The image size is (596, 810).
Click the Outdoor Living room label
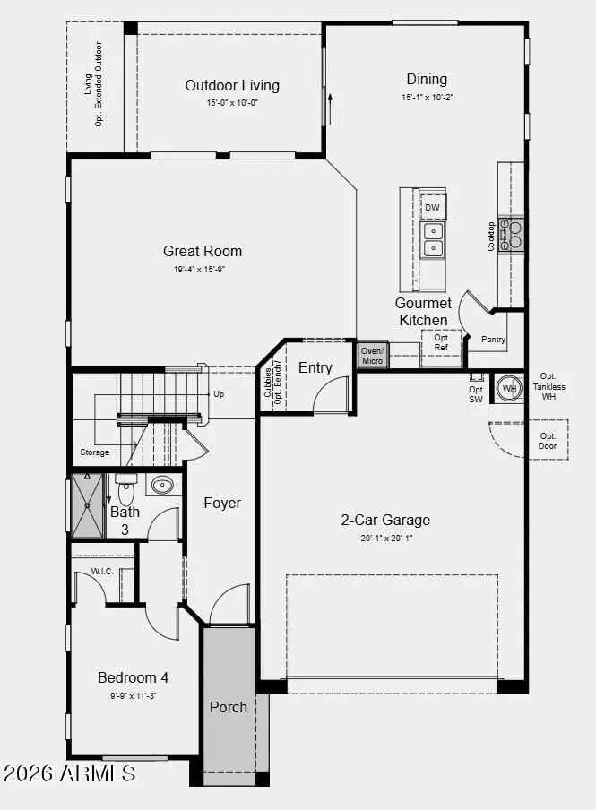(x=232, y=86)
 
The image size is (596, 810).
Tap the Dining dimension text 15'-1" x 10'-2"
(x=427, y=97)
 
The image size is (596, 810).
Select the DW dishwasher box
(x=433, y=208)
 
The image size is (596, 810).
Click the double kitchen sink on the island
(x=432, y=238)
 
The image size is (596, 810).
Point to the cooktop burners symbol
(x=511, y=235)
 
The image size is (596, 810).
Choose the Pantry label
(x=494, y=340)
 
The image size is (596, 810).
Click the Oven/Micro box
(x=372, y=355)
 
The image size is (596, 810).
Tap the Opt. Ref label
(x=442, y=342)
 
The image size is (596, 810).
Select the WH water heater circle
(x=509, y=388)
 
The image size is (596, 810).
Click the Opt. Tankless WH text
(x=548, y=386)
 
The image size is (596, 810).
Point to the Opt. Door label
(x=548, y=441)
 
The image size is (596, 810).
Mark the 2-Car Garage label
(x=385, y=520)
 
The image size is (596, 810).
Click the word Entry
(x=315, y=367)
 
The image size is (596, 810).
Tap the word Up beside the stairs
(x=218, y=394)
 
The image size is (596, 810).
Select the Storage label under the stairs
(x=94, y=452)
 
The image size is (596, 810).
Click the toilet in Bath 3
(x=125, y=491)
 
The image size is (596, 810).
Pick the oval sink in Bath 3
(x=162, y=486)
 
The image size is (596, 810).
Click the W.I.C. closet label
(x=102, y=571)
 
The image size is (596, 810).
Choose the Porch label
(x=229, y=707)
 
